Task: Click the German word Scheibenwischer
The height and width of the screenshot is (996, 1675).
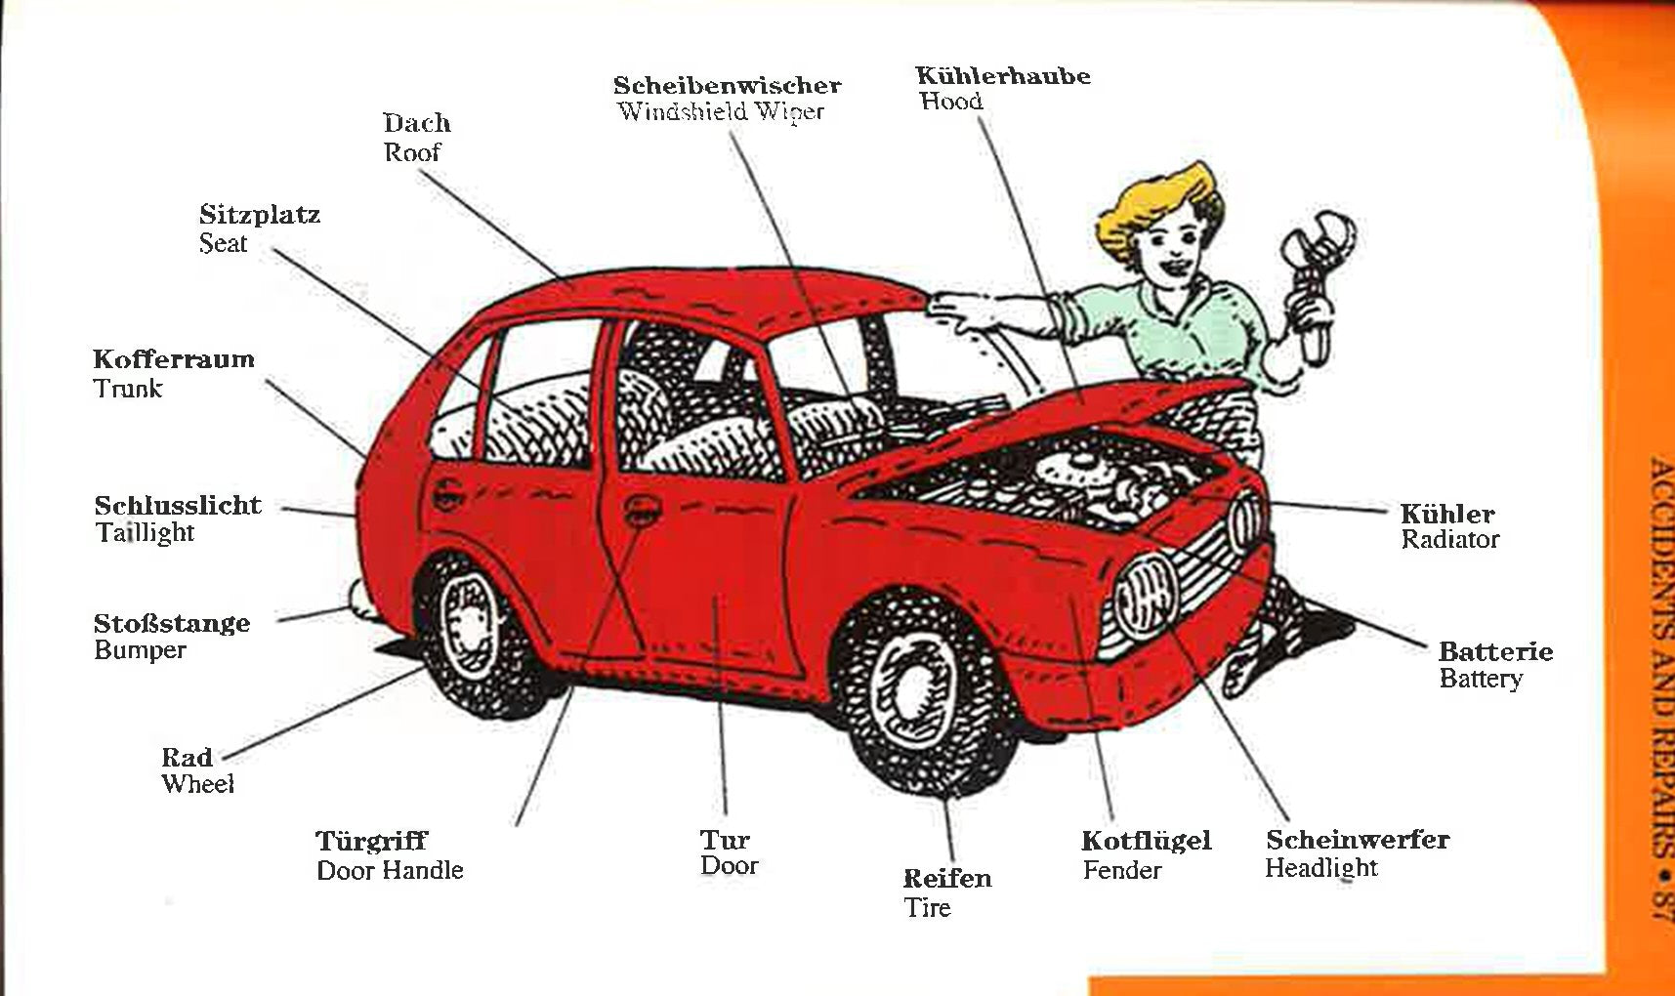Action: pyautogui.click(x=727, y=85)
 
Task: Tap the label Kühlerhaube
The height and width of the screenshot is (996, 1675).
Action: pyautogui.click(x=1003, y=75)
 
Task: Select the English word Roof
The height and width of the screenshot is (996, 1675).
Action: pyautogui.click(x=411, y=152)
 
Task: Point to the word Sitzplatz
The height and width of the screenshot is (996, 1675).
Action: pyautogui.click(x=259, y=214)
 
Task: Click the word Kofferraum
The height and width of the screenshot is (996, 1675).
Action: pyautogui.click(x=174, y=358)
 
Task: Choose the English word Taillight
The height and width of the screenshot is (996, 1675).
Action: pyautogui.click(x=145, y=532)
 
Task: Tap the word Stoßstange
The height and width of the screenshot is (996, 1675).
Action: pyautogui.click(x=172, y=623)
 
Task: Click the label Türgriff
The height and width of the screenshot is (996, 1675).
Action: pyautogui.click(x=371, y=841)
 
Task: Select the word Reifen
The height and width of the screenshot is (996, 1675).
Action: pyautogui.click(x=946, y=878)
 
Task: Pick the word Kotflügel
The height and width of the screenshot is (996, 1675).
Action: pyautogui.click(x=1146, y=841)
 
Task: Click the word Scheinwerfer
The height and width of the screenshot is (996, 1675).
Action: pyautogui.click(x=1357, y=839)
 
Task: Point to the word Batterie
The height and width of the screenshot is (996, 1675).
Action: pyautogui.click(x=1495, y=651)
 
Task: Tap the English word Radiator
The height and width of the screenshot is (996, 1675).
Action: pyautogui.click(x=1449, y=539)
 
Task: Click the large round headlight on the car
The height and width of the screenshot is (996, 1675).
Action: pyautogui.click(x=1143, y=596)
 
